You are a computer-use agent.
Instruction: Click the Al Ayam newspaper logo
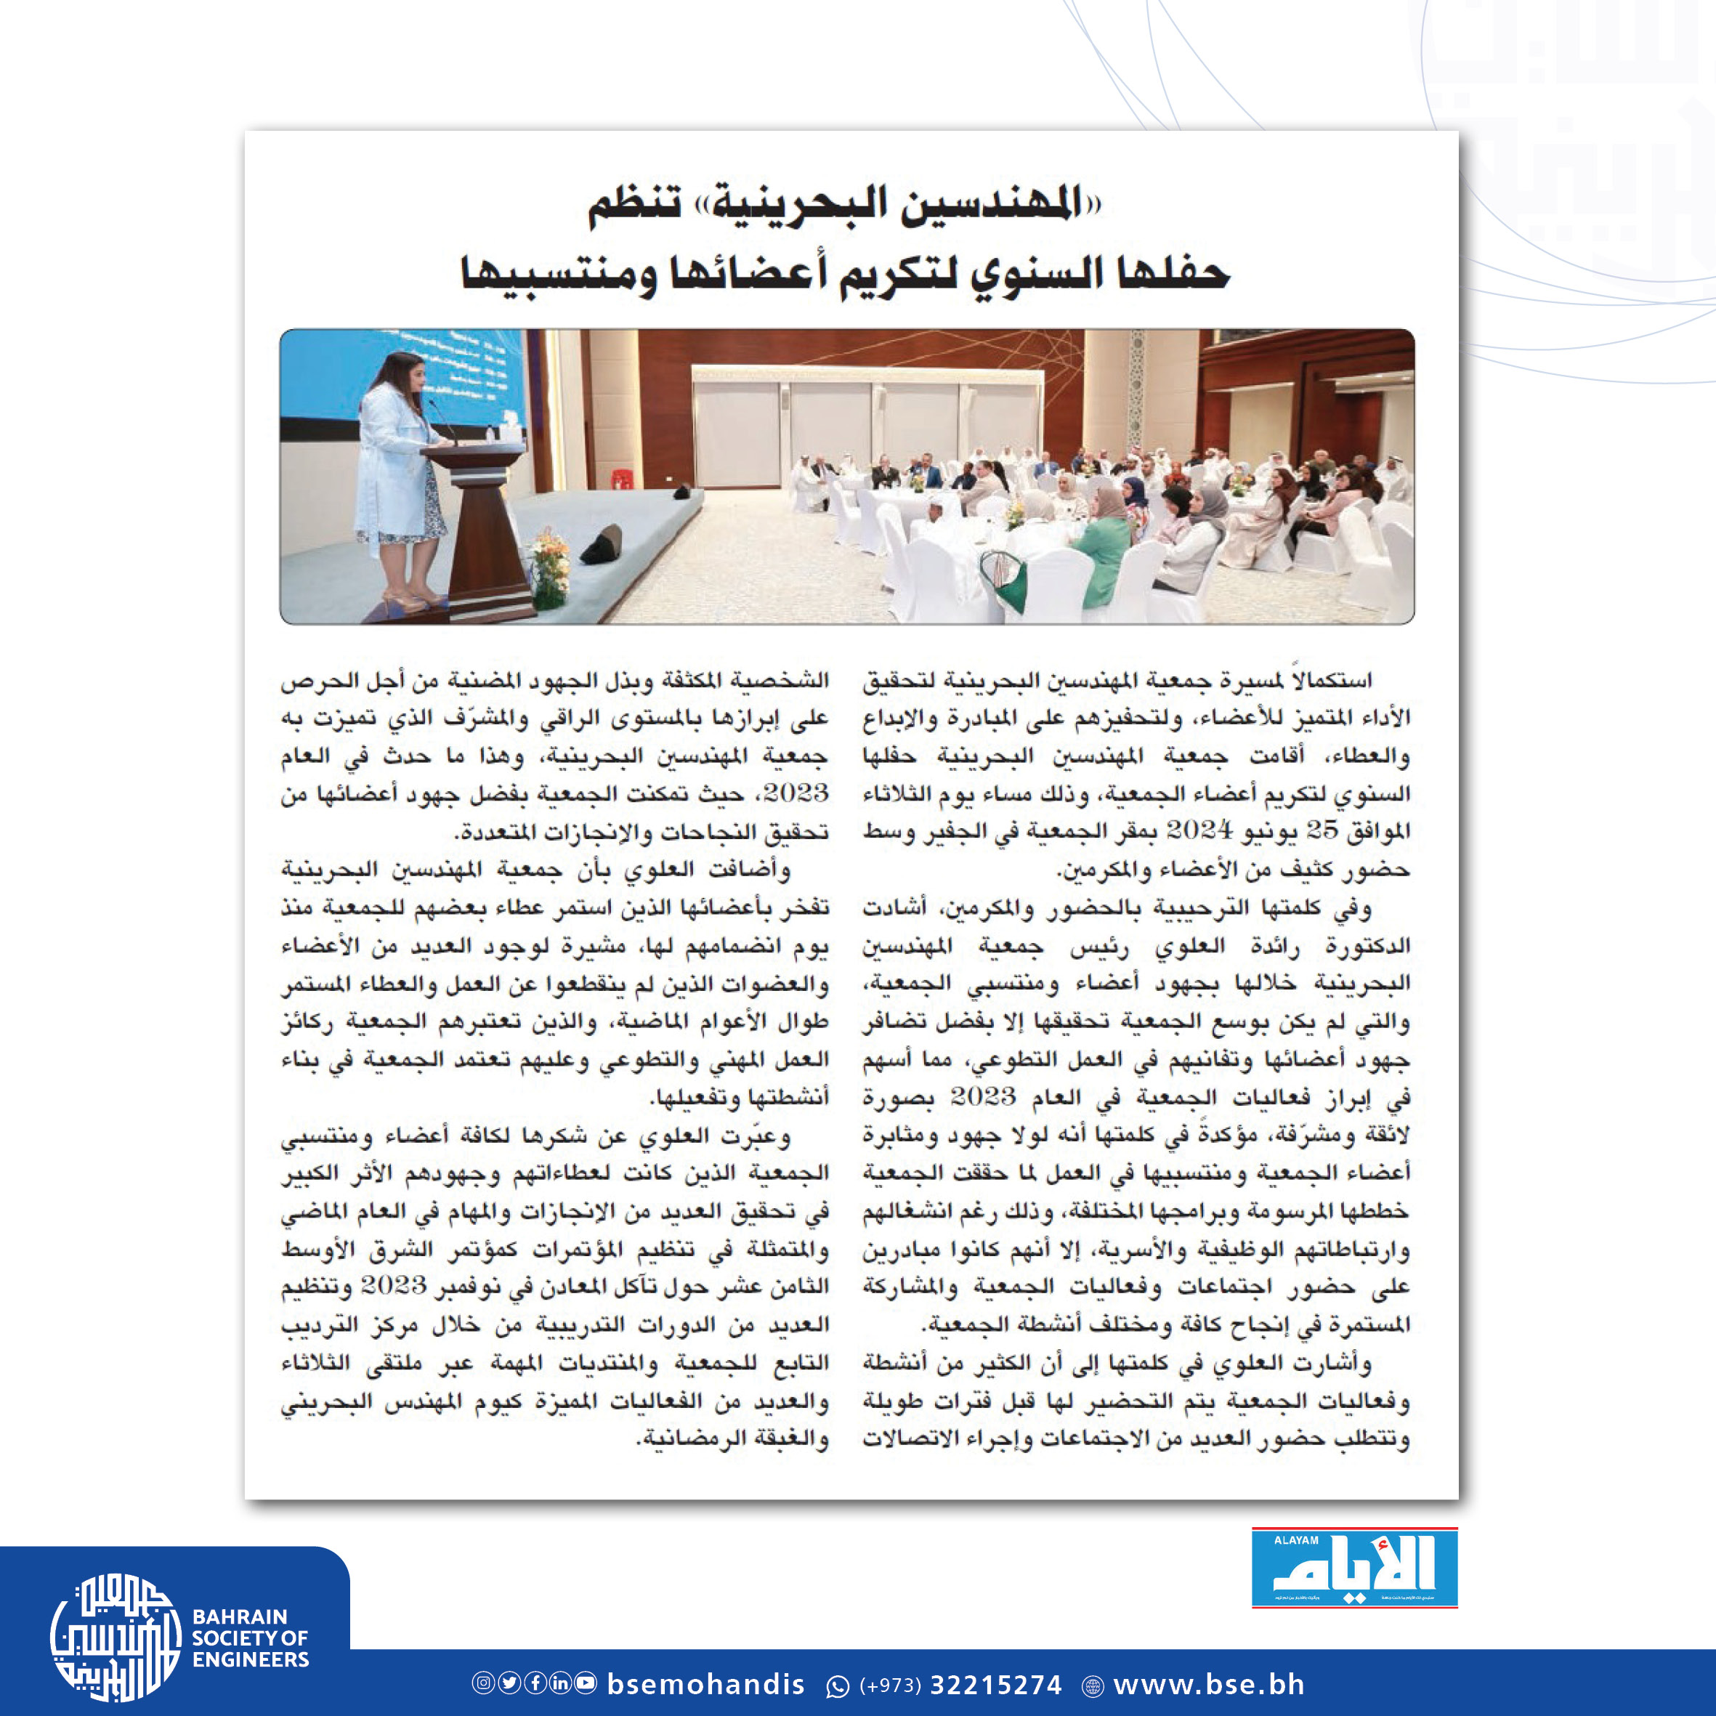coord(1353,1568)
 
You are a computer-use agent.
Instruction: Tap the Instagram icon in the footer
coord(483,1683)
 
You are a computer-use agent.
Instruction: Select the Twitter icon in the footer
coord(509,1683)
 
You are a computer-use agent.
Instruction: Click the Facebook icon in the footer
coord(535,1683)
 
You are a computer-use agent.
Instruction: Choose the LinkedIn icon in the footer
coord(560,1683)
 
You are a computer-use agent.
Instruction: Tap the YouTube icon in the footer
coord(586,1683)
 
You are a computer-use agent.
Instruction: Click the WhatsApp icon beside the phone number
coord(838,1685)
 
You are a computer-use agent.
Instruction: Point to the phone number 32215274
coord(995,1685)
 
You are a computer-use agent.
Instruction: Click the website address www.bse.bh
coord(1209,1684)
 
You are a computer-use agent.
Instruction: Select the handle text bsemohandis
coord(705,1684)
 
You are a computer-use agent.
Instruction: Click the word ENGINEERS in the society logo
coord(251,1659)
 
